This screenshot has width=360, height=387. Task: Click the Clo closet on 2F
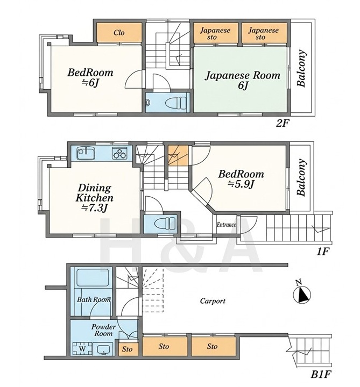pyautogui.click(x=119, y=32)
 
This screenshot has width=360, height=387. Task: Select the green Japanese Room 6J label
pyautogui.click(x=242, y=80)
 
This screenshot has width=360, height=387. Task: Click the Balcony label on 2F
pyautogui.click(x=301, y=68)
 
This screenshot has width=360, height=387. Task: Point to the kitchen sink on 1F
pyautogui.click(x=85, y=153)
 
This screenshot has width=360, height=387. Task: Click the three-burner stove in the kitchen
pyautogui.click(x=120, y=153)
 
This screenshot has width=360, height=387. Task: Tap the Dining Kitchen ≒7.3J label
pyautogui.click(x=95, y=198)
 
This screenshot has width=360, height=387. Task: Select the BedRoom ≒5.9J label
pyautogui.click(x=241, y=179)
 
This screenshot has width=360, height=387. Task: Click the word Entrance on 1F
pyautogui.click(x=227, y=225)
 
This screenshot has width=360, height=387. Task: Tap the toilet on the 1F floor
pyautogui.click(x=165, y=224)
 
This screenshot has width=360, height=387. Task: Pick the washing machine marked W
pyautogui.click(x=82, y=348)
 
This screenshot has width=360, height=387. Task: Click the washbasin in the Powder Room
pyautogui.click(x=103, y=349)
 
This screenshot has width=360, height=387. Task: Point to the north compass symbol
pyautogui.click(x=301, y=292)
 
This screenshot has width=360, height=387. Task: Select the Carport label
pyautogui.click(x=213, y=301)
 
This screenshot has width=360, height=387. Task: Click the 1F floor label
pyautogui.click(x=323, y=252)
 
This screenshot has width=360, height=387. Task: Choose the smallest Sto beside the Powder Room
pyautogui.click(x=128, y=349)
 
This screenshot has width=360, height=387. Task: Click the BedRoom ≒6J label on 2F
pyautogui.click(x=90, y=77)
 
